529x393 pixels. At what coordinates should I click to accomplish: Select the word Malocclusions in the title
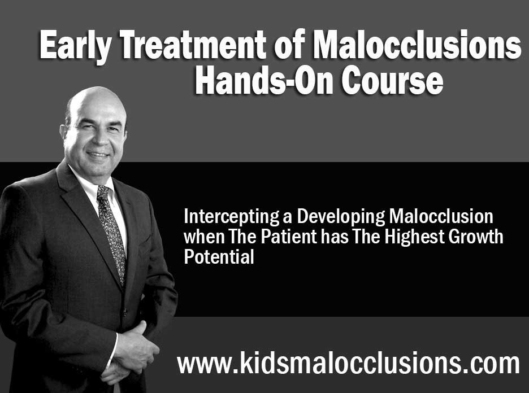(x=417, y=44)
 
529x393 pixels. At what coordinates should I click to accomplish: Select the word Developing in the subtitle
(x=340, y=217)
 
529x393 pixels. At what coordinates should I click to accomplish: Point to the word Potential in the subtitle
(x=219, y=256)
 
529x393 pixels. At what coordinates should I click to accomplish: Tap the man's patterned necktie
(x=111, y=233)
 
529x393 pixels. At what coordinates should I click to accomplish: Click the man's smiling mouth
(x=98, y=155)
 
